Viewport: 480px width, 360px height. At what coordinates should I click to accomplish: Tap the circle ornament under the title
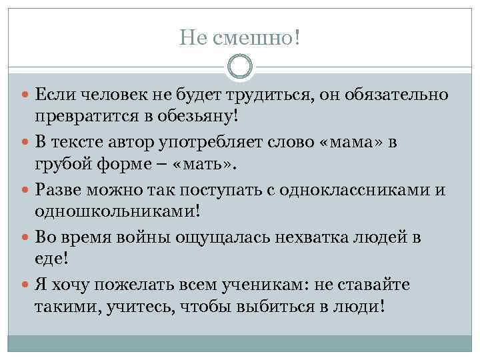tap(240, 67)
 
